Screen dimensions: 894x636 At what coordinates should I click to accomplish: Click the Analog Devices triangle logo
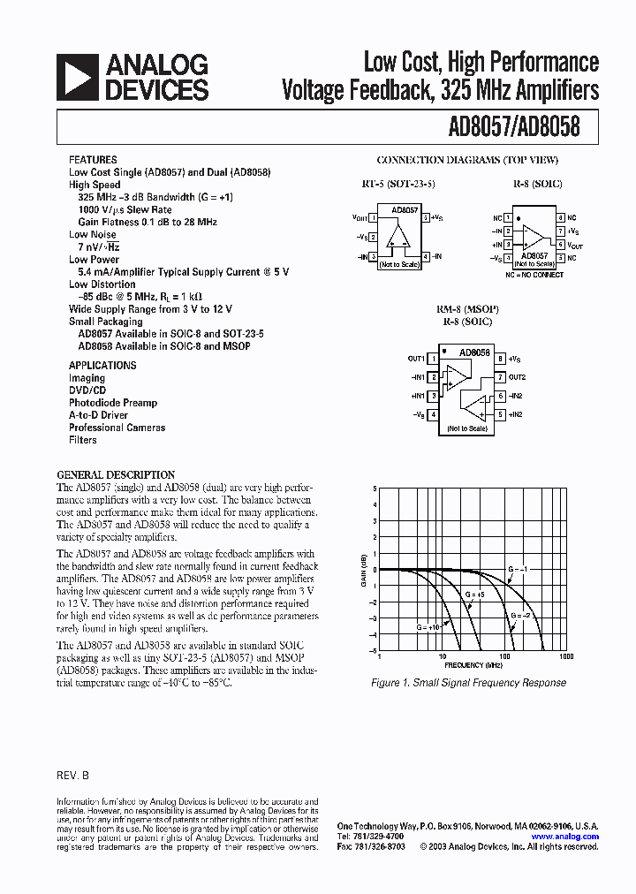click(x=75, y=77)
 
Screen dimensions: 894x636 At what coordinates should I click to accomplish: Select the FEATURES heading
click(x=93, y=160)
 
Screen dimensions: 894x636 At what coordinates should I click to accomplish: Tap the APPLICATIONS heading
click(x=102, y=365)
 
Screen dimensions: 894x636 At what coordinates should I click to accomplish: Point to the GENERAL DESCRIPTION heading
click(x=116, y=474)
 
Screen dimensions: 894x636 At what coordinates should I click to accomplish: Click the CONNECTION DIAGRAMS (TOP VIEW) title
click(x=467, y=160)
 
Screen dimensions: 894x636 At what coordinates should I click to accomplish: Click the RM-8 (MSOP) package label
click(x=467, y=310)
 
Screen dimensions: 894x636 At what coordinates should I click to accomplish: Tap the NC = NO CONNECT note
click(x=534, y=276)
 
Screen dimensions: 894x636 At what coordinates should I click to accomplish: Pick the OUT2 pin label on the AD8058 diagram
click(x=518, y=377)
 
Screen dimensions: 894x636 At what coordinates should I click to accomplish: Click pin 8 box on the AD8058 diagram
click(x=500, y=359)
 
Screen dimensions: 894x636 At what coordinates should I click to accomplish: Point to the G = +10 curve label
click(x=428, y=625)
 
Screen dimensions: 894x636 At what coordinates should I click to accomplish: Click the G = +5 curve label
click(x=473, y=595)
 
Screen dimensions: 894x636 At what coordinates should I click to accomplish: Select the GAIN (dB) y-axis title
click(x=363, y=569)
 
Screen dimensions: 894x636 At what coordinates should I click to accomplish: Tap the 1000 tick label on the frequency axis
click(x=566, y=657)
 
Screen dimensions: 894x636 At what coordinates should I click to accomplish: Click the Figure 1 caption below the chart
click(x=468, y=682)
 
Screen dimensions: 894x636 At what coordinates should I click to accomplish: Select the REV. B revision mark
click(x=73, y=774)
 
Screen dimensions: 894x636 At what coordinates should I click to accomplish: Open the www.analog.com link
click(x=564, y=837)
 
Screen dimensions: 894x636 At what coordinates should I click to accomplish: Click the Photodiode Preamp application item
click(x=113, y=402)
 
